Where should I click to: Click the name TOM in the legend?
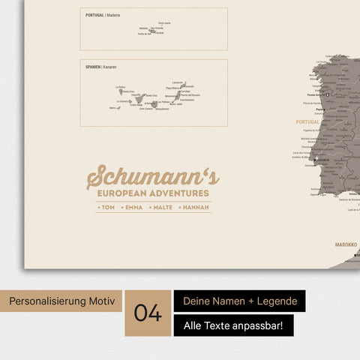point(107,206)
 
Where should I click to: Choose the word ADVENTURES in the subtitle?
point(178,193)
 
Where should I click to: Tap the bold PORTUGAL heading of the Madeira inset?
point(94,15)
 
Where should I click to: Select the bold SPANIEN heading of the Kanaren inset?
point(93,67)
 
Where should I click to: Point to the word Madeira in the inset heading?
point(112,15)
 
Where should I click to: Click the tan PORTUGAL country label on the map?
point(307,121)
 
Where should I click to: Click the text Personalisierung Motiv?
point(62,301)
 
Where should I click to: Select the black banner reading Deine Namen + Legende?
point(239,301)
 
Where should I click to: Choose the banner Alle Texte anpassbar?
point(233,325)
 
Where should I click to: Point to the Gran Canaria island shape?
point(154,105)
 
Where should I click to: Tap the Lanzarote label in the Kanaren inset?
point(178,82)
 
